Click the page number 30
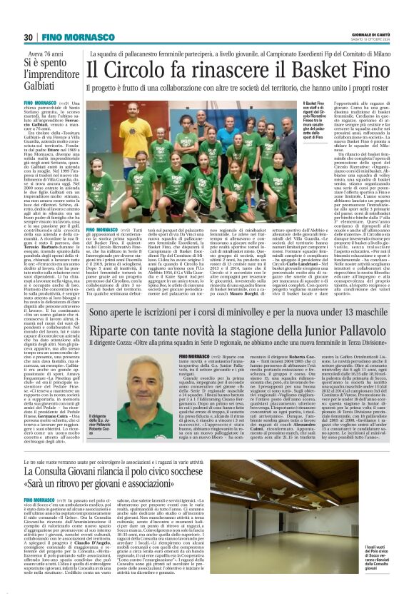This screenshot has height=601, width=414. tap(29, 36)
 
